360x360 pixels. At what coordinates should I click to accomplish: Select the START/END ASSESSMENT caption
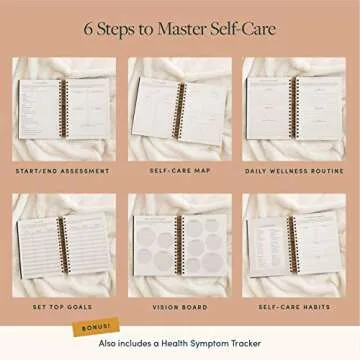coord(61,171)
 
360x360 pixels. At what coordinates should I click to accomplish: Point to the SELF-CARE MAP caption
coord(180,171)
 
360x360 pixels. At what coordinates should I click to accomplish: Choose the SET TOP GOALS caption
coord(61,308)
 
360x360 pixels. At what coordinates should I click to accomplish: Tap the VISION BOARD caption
coord(180,308)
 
